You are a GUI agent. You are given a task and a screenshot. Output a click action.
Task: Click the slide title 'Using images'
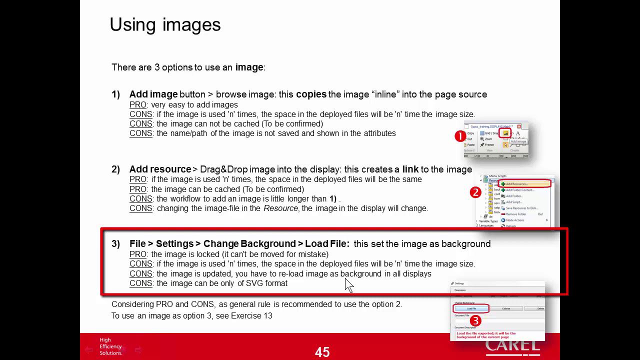165,25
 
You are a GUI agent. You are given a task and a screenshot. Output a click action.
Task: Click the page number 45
322,352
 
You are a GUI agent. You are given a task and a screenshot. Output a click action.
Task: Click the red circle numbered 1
460,136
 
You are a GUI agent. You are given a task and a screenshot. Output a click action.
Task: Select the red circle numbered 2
475,192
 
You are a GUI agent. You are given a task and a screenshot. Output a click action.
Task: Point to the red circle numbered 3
475,320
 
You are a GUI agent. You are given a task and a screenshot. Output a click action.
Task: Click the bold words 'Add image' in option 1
153,94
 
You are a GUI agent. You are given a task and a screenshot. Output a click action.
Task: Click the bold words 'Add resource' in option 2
160,169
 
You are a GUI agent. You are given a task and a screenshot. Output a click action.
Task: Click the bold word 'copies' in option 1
311,94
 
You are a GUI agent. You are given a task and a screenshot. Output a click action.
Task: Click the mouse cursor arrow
348,284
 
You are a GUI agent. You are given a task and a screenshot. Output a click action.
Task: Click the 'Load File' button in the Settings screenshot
471,308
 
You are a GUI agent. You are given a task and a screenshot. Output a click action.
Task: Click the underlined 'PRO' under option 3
137,254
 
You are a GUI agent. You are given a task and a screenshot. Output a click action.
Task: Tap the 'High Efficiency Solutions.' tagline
110,346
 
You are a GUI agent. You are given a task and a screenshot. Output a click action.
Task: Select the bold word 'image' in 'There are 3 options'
249,67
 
